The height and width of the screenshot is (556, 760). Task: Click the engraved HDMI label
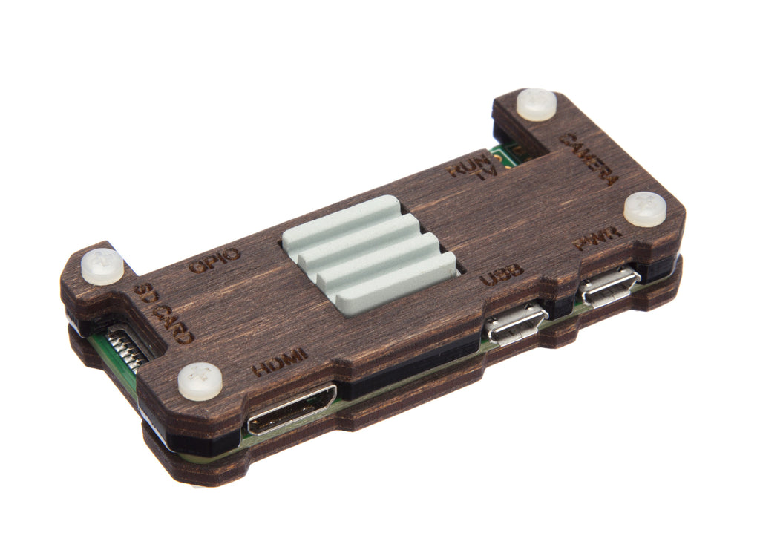click(x=280, y=362)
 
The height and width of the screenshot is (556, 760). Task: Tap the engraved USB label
click(x=502, y=275)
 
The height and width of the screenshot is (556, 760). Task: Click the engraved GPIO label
click(x=214, y=261)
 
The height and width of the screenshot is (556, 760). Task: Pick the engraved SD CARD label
click(x=163, y=313)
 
